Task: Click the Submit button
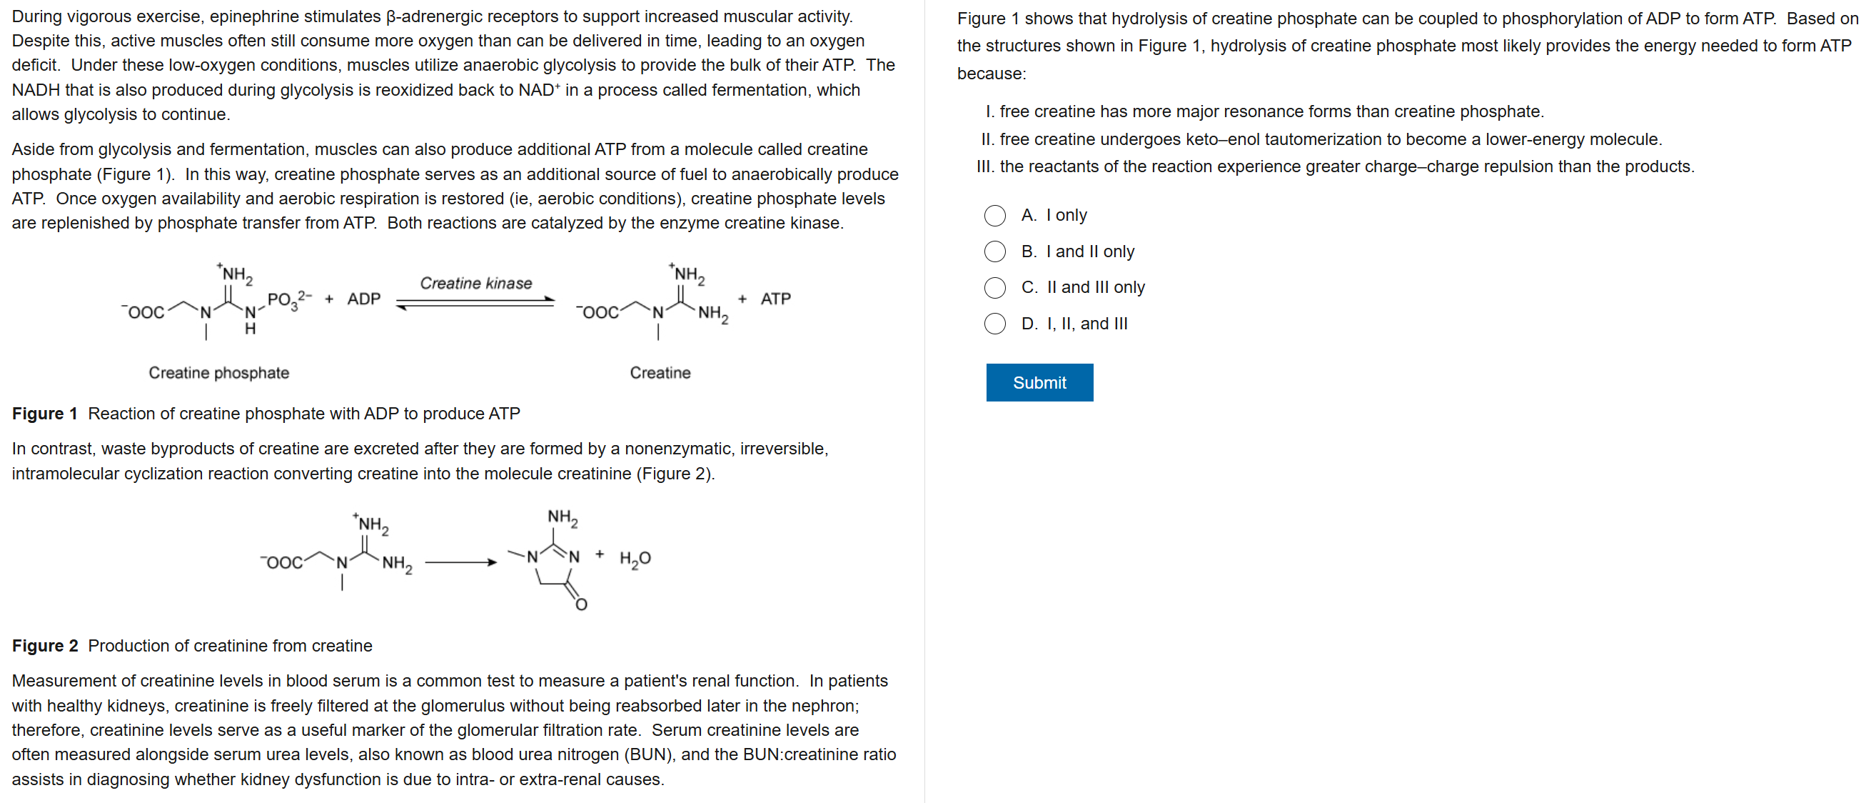pyautogui.click(x=1039, y=382)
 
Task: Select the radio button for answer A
pyautogui.click(x=994, y=216)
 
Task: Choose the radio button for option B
pyautogui.click(x=994, y=251)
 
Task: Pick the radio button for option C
pyautogui.click(x=994, y=288)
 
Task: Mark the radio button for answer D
pyautogui.click(x=994, y=324)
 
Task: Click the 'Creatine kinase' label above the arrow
pyautogui.click(x=475, y=283)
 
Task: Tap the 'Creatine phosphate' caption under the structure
pyautogui.click(x=218, y=372)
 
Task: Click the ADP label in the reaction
pyautogui.click(x=363, y=299)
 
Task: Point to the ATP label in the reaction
pyautogui.click(x=775, y=299)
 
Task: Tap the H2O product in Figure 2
pyautogui.click(x=635, y=559)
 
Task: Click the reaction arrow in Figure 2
pyautogui.click(x=460, y=562)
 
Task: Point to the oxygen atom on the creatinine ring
pyautogui.click(x=580, y=604)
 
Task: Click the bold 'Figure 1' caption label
pyautogui.click(x=44, y=413)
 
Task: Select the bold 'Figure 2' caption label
pyautogui.click(x=44, y=646)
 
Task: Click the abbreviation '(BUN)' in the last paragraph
pyautogui.click(x=649, y=754)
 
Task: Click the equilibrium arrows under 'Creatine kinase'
pyautogui.click(x=475, y=302)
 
